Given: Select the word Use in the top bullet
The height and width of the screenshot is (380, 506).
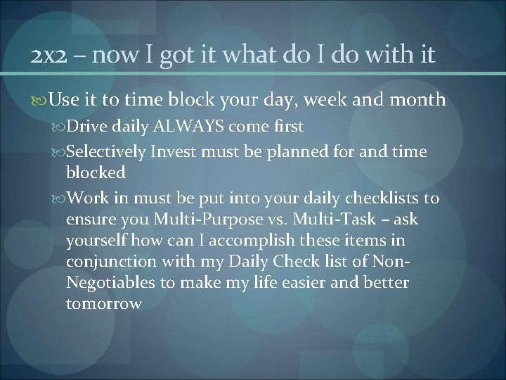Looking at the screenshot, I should coord(65,100).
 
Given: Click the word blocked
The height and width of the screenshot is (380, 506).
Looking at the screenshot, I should coord(96,172).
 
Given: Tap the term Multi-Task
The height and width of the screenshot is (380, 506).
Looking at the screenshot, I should coord(334,220).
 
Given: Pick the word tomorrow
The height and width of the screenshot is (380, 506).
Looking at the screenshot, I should coord(104,304).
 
